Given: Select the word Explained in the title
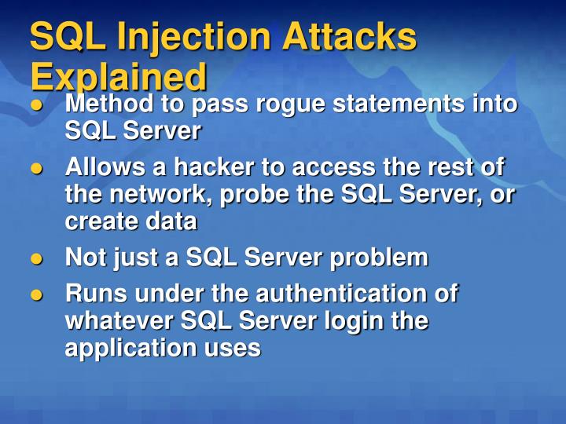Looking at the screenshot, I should point(119,76).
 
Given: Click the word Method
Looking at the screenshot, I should point(108,104).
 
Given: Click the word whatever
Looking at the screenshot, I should point(119,320).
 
